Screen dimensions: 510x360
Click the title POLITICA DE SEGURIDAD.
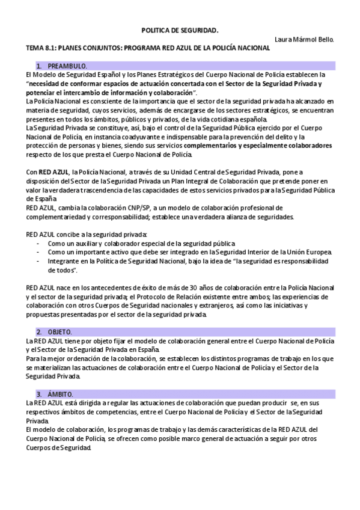pyautogui.click(x=180, y=29)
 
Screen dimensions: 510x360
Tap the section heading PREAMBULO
pyautogui.click(x=67, y=65)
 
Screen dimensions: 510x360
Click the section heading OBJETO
pyautogui.click(x=59, y=332)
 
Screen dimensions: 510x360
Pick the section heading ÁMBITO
pyautogui.click(x=59, y=393)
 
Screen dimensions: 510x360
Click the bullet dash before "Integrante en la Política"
pyautogui.click(x=38, y=261)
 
